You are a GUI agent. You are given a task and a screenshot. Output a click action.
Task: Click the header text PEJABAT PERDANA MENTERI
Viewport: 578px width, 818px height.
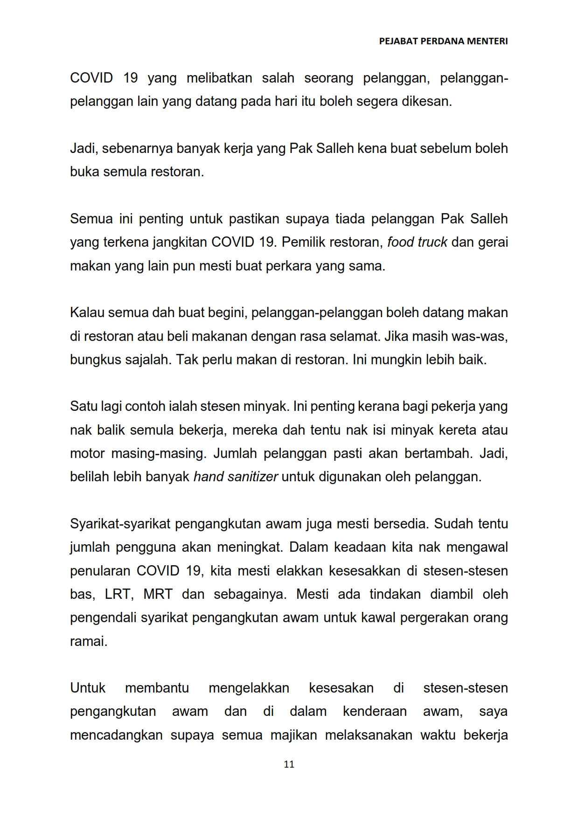click(443, 41)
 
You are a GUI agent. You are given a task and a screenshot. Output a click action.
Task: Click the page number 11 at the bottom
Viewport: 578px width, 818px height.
click(289, 764)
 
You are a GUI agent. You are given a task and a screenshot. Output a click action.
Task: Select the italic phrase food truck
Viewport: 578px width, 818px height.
click(417, 243)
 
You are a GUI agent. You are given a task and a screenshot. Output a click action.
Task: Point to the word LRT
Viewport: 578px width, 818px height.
click(120, 595)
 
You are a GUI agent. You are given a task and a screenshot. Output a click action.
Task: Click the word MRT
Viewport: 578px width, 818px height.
click(158, 595)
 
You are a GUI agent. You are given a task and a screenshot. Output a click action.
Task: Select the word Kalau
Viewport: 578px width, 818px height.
click(87, 312)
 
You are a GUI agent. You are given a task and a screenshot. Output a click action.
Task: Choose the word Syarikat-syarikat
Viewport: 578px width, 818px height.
click(120, 524)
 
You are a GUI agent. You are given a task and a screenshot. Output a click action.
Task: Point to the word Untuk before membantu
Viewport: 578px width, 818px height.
click(87, 688)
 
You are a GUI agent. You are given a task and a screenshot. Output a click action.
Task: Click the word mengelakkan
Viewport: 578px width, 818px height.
click(249, 688)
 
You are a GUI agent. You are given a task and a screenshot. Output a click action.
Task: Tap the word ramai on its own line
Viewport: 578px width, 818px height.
click(88, 642)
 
